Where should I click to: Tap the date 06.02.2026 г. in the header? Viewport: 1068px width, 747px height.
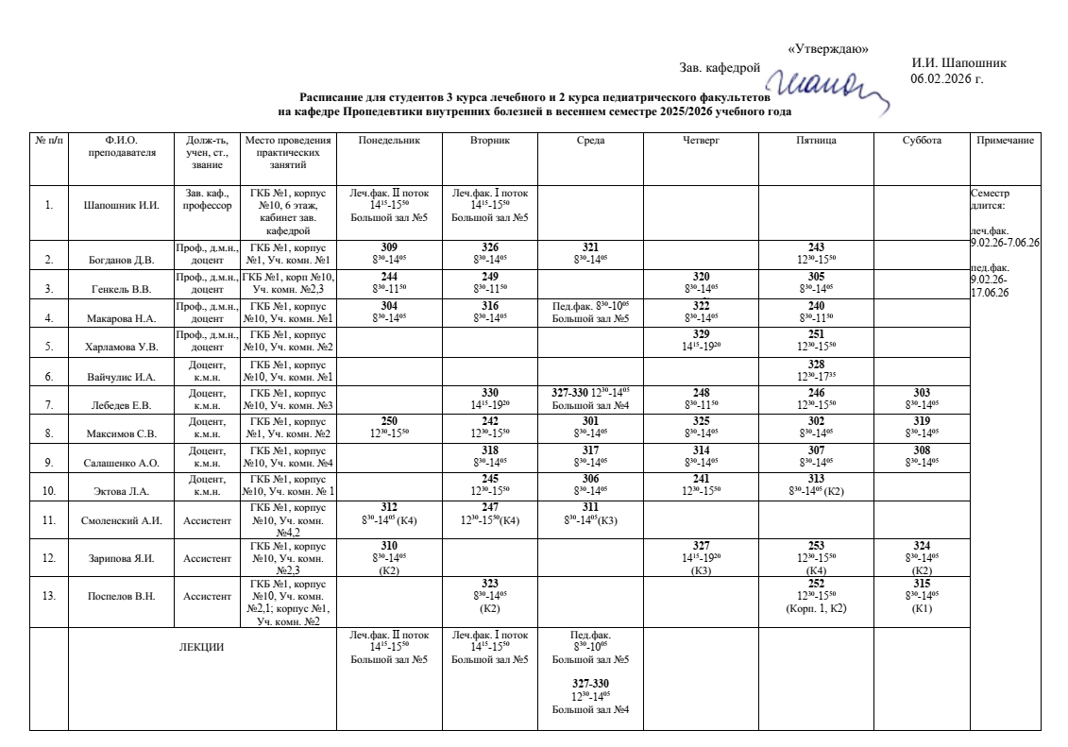[x=946, y=77]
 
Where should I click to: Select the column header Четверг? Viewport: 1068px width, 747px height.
[x=701, y=141]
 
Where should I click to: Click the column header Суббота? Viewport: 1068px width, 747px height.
[x=922, y=141]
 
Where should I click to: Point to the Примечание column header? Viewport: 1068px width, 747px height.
[x=1005, y=141]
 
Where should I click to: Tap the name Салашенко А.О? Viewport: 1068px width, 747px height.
[x=121, y=463]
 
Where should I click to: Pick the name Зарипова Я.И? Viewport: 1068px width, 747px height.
[x=121, y=558]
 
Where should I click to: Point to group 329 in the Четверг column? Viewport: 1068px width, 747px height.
[x=701, y=334]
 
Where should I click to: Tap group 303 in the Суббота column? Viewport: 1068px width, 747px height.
[x=922, y=392]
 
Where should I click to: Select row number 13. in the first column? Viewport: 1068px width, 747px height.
[x=48, y=595]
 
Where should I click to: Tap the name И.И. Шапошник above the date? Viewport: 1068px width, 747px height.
[x=958, y=63]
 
